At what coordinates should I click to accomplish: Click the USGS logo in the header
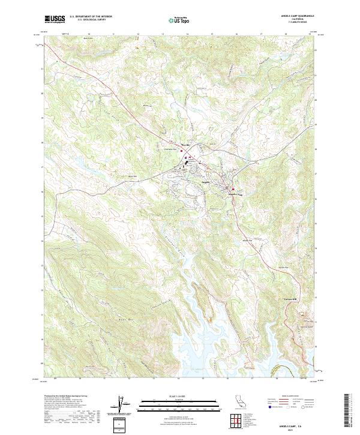pyautogui.click(x=55, y=19)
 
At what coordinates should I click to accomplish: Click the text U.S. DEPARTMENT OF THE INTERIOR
pyautogui.click(x=91, y=16)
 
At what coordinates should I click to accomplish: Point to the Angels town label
pyautogui.click(x=205, y=182)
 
